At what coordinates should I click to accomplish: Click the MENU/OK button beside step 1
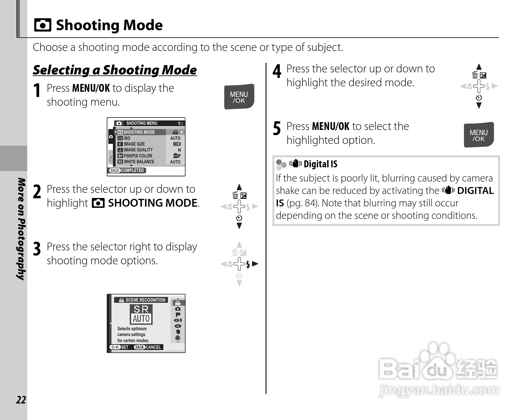[x=239, y=97]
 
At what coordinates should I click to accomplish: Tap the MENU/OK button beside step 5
[x=478, y=135]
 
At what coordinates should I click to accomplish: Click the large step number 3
[x=37, y=249]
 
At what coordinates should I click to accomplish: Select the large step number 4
[x=277, y=71]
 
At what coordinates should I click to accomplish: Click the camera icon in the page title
[x=43, y=25]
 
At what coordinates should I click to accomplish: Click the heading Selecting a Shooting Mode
[x=115, y=70]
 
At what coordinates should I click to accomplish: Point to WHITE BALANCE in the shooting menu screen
[x=139, y=162]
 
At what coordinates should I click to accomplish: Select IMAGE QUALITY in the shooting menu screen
[x=138, y=150]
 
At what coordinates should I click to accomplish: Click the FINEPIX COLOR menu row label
[x=138, y=156]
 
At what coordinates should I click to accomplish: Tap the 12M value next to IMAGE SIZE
[x=177, y=144]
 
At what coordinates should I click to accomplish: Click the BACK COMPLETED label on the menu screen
[x=127, y=170]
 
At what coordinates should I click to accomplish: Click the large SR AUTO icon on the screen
[x=141, y=314]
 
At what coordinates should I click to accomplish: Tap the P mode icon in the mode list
[x=178, y=314]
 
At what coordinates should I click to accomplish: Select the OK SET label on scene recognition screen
[x=119, y=347]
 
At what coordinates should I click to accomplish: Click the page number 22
[x=21, y=400]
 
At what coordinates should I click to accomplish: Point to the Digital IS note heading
[x=320, y=164]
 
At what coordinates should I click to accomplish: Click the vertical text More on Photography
[x=21, y=229]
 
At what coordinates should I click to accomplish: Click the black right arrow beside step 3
[x=255, y=264]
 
